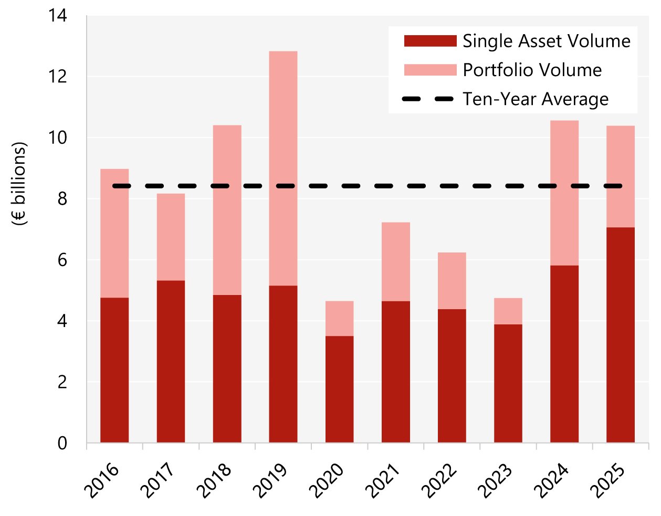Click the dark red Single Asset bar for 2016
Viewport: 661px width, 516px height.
114,370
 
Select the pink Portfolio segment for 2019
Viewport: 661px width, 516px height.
283,168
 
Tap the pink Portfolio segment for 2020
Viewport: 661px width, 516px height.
339,318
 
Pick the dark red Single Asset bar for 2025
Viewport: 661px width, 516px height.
620,335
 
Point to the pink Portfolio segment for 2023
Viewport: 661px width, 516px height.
508,311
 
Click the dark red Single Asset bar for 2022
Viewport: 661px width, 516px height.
452,375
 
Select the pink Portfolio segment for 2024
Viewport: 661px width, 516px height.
564,193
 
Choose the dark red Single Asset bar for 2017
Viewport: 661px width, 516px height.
171,361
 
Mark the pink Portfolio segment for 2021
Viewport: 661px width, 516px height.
395,261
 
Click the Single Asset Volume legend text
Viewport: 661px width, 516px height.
546,41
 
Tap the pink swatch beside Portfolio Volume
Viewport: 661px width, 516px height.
430,70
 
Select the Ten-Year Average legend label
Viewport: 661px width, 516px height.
536,99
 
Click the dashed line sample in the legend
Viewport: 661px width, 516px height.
428,99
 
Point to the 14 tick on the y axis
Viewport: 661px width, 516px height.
58,16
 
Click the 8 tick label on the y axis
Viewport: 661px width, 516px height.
62,199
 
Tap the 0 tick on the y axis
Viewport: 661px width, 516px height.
62,443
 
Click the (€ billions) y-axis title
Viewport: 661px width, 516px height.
19,184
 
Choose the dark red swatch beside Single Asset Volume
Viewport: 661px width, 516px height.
430,41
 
